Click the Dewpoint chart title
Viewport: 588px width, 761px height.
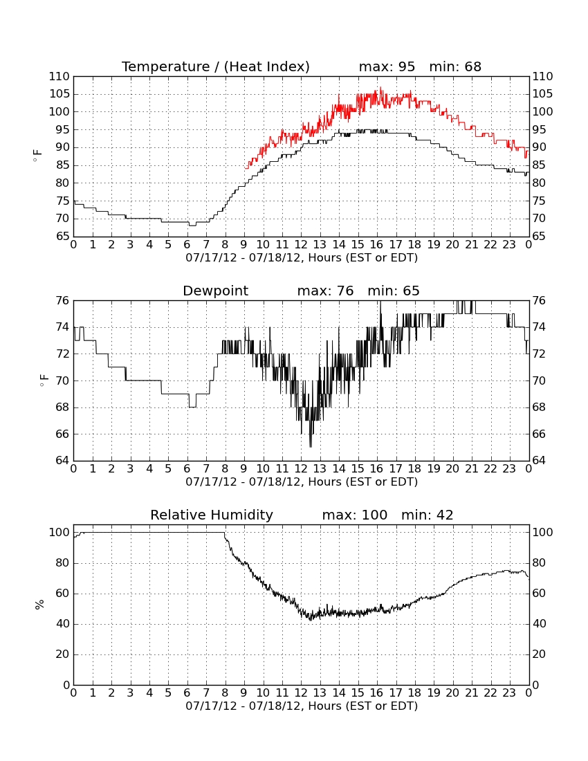pos(215,291)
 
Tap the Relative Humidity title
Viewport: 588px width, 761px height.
pos(212,515)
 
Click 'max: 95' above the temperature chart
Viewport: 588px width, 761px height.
pos(387,66)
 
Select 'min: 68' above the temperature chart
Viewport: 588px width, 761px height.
pos(455,66)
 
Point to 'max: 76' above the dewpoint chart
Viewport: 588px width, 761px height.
pos(325,291)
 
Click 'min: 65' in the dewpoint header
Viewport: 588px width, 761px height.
pos(394,291)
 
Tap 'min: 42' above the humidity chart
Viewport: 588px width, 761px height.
pos(427,515)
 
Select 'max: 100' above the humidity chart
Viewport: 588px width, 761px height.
pos(355,515)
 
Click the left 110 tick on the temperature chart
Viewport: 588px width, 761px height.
pos(59,77)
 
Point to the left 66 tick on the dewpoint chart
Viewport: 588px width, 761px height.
pos(63,434)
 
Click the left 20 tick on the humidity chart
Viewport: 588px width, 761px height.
pos(63,654)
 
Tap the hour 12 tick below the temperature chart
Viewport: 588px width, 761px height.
pos(301,245)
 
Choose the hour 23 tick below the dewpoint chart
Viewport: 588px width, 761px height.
pos(509,469)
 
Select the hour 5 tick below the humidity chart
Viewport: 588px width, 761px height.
pos(168,693)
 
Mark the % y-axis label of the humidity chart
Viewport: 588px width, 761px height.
pos(39,604)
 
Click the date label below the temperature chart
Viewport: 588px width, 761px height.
pos(302,258)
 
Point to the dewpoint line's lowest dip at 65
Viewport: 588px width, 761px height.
pos(311,446)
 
